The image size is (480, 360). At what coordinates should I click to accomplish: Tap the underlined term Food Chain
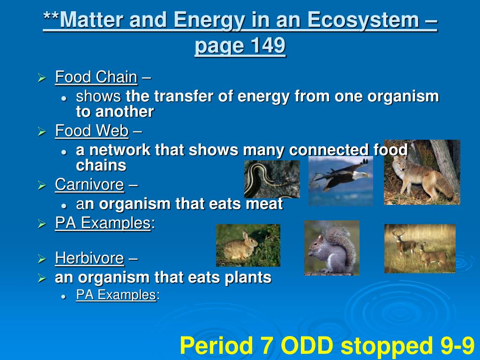pos(96,77)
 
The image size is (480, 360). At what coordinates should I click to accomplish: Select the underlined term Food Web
pos(92,131)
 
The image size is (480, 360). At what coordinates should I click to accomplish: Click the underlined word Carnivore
pos(90,185)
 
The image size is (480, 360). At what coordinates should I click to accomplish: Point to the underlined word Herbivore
pos(90,258)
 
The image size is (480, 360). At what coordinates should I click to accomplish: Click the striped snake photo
pos(272,180)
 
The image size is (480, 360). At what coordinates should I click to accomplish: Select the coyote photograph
pos(422,172)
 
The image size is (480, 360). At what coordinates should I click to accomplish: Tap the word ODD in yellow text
pos(307,345)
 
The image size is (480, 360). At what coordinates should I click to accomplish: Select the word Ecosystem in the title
pos(363,20)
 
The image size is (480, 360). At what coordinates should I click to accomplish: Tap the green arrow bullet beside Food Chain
pos(42,77)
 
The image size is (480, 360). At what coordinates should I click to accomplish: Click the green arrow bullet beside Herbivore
pos(42,259)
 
